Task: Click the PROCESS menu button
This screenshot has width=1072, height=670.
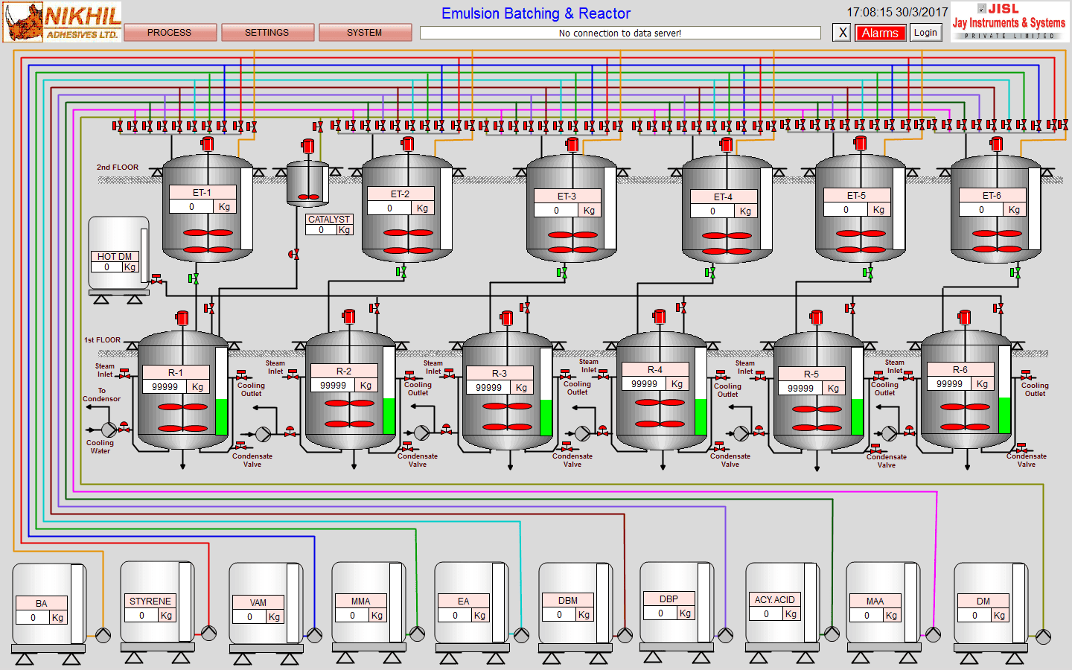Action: (170, 33)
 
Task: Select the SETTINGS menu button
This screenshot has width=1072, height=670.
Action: (267, 33)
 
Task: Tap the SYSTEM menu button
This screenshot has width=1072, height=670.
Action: (364, 33)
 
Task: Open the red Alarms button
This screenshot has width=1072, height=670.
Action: (880, 33)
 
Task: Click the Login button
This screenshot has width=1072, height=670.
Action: (925, 33)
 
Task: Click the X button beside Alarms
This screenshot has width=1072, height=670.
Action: (842, 33)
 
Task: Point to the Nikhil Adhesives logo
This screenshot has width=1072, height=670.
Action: (62, 22)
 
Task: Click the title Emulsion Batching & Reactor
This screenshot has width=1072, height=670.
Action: (535, 13)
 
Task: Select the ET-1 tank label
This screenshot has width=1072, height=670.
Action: (202, 192)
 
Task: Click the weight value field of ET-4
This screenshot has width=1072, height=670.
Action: (712, 211)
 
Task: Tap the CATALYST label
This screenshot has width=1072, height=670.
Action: (329, 219)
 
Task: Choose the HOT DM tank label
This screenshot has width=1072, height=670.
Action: (115, 256)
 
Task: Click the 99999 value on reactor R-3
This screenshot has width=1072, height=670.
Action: (488, 387)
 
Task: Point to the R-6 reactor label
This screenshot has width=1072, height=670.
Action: (960, 369)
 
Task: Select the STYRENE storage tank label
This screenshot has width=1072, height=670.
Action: (150, 601)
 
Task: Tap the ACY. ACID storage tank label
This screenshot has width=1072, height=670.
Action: (774, 599)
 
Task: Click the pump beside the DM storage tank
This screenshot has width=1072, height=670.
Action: (1044, 636)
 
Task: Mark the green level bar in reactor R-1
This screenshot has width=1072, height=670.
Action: (221, 417)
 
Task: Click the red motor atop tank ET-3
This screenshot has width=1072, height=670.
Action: (572, 144)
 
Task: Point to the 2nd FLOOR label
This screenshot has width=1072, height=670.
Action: (118, 167)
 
